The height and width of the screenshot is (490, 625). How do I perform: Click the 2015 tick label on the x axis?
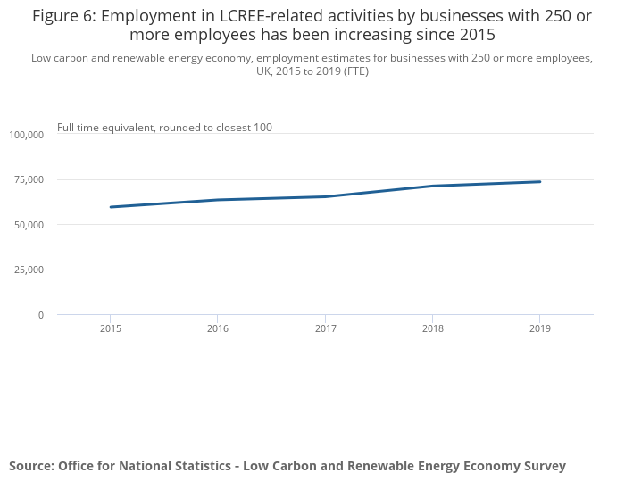(111, 328)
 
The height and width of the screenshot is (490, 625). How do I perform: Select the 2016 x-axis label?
(218, 328)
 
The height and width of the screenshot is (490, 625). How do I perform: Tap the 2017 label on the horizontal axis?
(325, 328)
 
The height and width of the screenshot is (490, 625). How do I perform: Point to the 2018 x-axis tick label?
(432, 328)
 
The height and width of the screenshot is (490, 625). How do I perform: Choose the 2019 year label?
(539, 328)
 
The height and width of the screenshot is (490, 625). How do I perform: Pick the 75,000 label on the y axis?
(29, 179)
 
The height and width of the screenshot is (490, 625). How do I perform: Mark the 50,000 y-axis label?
(29, 225)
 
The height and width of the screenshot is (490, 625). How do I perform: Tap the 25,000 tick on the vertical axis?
(29, 270)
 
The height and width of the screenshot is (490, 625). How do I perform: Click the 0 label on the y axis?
(40, 315)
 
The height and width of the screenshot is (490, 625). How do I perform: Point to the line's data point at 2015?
(111, 207)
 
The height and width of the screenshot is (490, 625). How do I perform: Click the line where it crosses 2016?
(218, 200)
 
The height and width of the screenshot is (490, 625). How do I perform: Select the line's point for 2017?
(325, 196)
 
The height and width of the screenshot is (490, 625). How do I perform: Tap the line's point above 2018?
(432, 186)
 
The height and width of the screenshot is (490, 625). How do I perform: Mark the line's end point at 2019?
(539, 182)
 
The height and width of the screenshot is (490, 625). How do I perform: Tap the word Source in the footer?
(30, 466)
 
